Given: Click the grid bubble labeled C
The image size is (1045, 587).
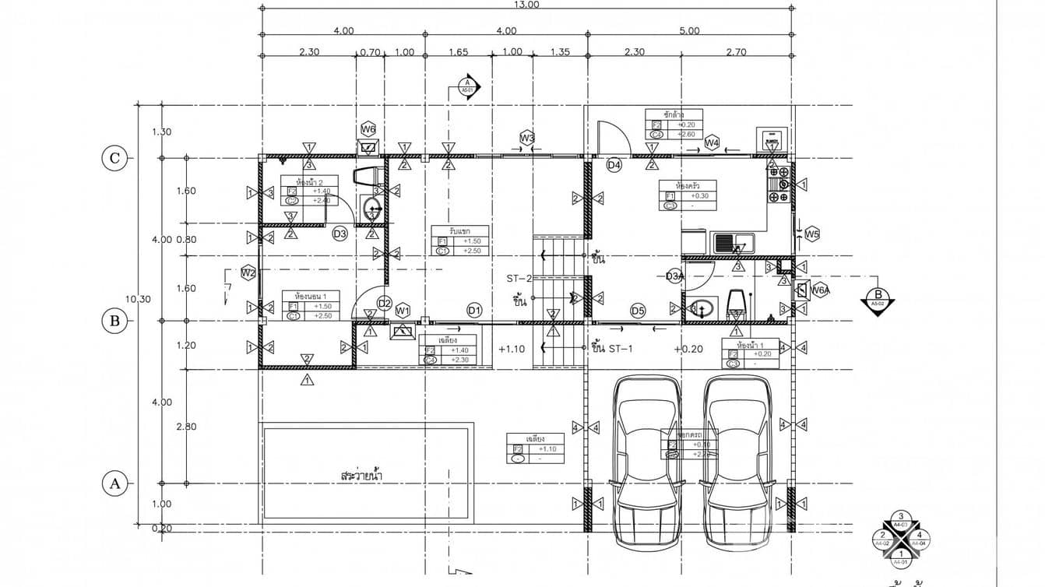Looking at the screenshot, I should [115, 159].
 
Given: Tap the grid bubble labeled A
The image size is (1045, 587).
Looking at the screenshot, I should [115, 483].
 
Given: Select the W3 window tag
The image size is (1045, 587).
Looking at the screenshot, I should [527, 139].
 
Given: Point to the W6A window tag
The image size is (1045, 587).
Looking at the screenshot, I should [818, 290].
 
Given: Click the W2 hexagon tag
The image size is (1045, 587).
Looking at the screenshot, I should [248, 272].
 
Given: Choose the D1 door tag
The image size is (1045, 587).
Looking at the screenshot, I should [474, 311].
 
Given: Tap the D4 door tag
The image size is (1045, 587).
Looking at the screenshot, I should [614, 165].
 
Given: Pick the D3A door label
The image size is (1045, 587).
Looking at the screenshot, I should [674, 276].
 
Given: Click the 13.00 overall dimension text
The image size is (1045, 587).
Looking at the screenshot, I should [526, 5].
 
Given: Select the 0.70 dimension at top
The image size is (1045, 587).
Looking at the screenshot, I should [370, 53].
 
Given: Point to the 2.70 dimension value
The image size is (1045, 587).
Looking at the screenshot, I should [736, 53].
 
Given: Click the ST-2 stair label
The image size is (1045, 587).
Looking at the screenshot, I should [519, 278].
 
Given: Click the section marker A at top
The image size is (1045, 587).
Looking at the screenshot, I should [467, 85].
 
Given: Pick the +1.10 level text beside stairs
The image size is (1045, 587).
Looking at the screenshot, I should [512, 349].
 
